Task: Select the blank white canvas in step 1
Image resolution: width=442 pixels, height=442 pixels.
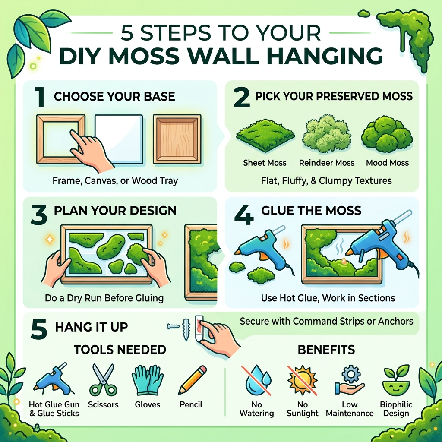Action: pyautogui.click(x=118, y=138)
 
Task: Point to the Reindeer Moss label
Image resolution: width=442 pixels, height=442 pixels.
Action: pyautogui.click(x=326, y=163)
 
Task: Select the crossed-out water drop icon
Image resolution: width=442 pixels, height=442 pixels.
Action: pyautogui.click(x=257, y=379)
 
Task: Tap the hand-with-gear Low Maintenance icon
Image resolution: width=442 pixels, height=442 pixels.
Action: pyautogui.click(x=349, y=380)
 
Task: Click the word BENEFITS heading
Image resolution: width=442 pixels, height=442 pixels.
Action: pyautogui.click(x=326, y=349)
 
